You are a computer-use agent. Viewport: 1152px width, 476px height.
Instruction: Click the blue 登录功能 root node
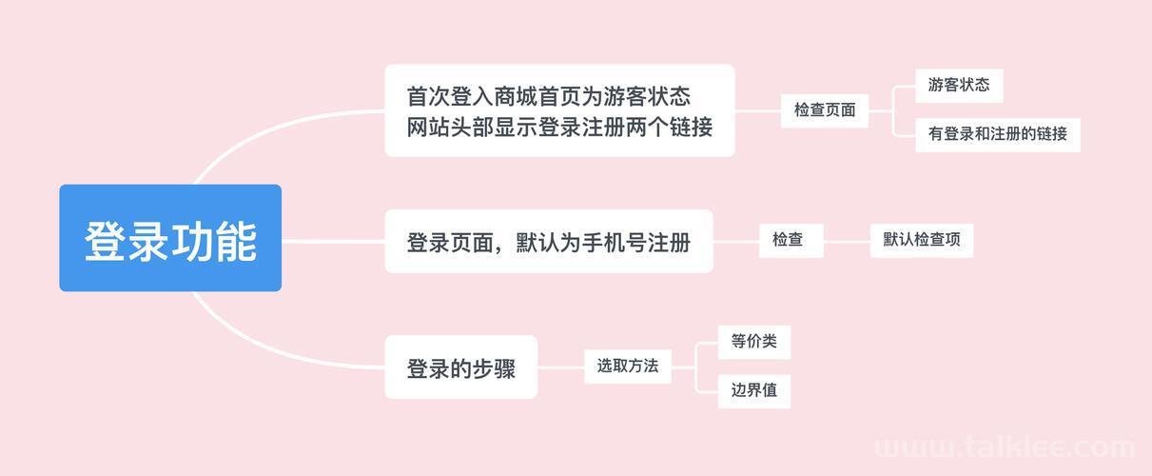(x=170, y=238)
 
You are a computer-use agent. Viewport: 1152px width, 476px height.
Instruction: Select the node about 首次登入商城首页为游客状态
(x=559, y=110)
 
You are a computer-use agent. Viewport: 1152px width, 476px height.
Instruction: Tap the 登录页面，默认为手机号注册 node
(x=549, y=242)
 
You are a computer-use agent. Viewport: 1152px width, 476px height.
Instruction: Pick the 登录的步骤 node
(x=460, y=367)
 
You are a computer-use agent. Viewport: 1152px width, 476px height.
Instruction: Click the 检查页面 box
(x=825, y=110)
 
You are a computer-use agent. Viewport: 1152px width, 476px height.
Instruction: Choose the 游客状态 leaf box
(x=959, y=86)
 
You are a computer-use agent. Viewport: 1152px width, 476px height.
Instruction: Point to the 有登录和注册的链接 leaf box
(x=998, y=135)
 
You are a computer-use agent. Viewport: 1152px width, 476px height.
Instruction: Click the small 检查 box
(x=791, y=240)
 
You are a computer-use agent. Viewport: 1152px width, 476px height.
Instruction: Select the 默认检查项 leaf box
(x=922, y=240)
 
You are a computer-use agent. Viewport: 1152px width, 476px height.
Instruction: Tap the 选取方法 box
(x=628, y=367)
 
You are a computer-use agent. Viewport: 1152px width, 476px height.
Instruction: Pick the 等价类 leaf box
(x=754, y=342)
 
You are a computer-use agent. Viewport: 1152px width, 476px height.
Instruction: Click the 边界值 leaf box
(x=754, y=391)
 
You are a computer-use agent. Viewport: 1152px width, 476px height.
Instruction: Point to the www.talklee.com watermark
(x=1005, y=446)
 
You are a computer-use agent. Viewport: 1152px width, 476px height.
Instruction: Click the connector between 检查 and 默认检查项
(x=847, y=241)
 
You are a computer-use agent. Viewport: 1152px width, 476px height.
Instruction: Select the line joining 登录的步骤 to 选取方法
(x=561, y=367)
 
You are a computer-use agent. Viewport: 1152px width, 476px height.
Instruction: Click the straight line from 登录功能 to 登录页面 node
(x=333, y=242)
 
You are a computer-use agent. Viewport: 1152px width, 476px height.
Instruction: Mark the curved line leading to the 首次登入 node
(x=267, y=129)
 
